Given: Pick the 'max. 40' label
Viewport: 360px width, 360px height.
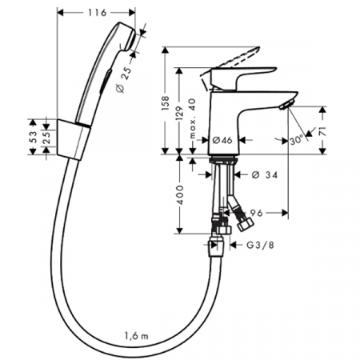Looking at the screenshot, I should click(x=192, y=118).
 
